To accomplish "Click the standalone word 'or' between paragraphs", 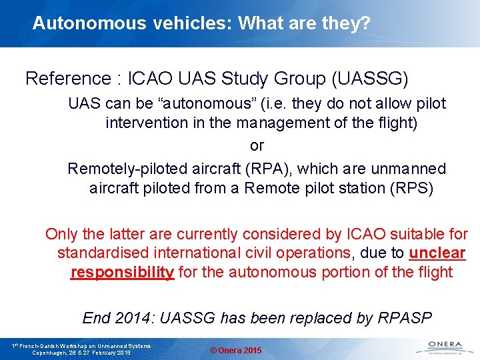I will pos(257,145).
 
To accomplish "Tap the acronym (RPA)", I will pos(264,169).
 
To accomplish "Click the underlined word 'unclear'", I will pos(437,253).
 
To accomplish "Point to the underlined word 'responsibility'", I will pos(123,273).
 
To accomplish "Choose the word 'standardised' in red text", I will pos(101,253).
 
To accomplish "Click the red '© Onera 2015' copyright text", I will pos(236,351).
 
